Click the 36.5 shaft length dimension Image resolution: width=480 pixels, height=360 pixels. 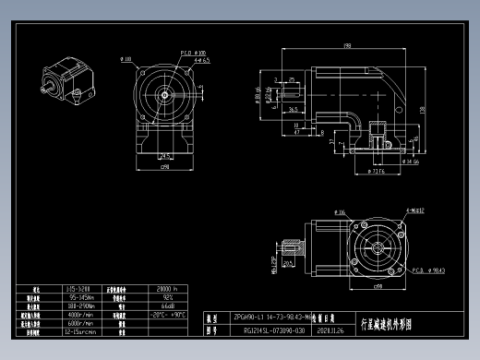pyautogui.click(x=293, y=108)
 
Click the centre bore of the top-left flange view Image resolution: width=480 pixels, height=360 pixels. pyautogui.click(x=164, y=93)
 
